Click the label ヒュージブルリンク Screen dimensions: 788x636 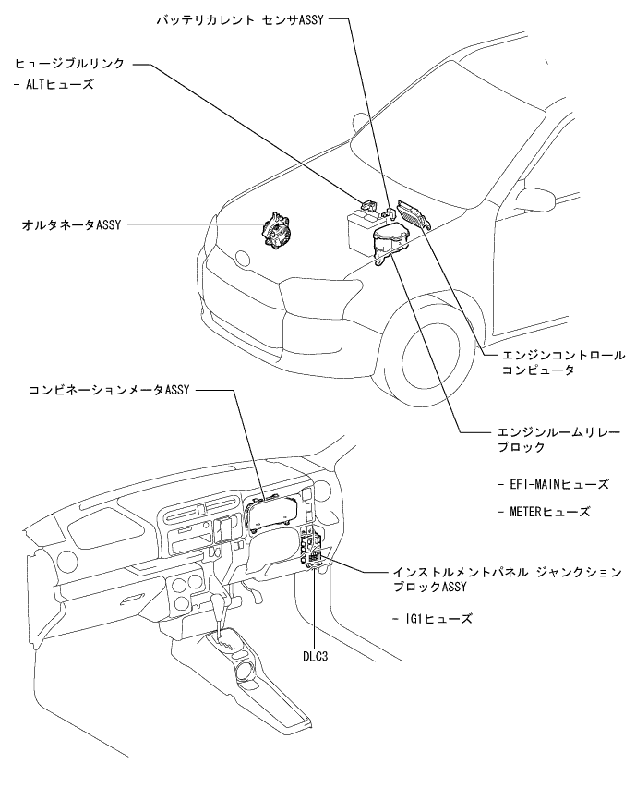coord(69,65)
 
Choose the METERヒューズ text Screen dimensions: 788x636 coord(543,511)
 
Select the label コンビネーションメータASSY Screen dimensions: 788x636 coord(109,391)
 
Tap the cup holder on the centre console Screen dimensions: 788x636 coord(246,669)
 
